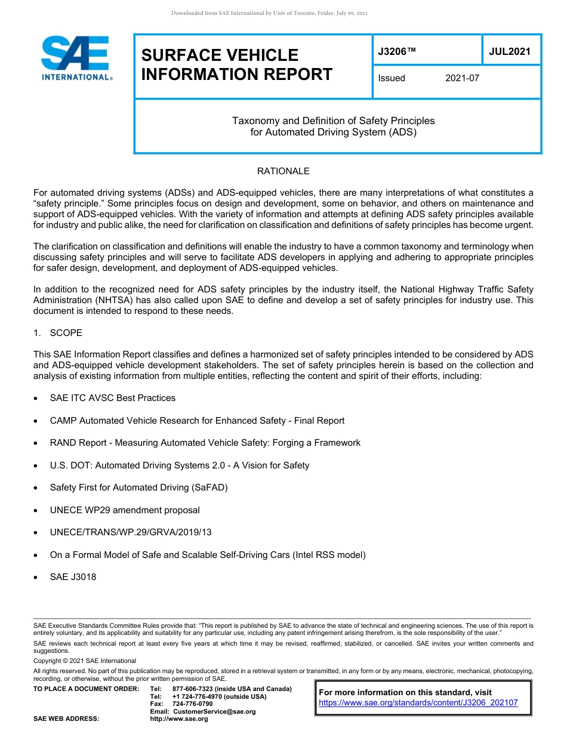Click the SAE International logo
76,58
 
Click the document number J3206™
397,52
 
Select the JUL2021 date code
510,51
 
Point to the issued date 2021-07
462,78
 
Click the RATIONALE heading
283,171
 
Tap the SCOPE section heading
66,332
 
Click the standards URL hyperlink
418,703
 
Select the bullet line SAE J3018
73,577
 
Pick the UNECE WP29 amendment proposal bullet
125,510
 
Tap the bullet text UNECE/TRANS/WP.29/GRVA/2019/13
131,532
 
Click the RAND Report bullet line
205,443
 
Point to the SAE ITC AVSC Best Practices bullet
113,398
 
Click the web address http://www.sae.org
179,719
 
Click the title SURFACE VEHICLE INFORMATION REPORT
236,64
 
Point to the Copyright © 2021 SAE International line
85,661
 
